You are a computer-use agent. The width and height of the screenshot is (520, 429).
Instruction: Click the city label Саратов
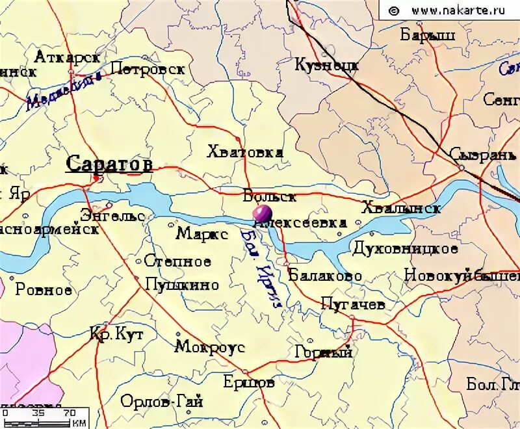click(109, 164)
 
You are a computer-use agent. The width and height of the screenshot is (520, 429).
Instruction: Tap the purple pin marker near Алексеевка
click(263, 213)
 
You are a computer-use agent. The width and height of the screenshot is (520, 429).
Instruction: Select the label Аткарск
click(67, 57)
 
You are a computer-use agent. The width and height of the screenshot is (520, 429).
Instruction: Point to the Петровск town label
click(148, 69)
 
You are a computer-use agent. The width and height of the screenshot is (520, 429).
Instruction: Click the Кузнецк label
click(326, 65)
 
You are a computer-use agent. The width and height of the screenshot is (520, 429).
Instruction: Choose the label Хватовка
click(244, 153)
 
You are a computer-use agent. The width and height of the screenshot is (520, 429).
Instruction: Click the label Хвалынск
click(401, 209)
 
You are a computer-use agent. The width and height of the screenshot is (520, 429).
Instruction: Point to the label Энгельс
click(112, 214)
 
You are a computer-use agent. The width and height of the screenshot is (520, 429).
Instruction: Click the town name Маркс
click(202, 235)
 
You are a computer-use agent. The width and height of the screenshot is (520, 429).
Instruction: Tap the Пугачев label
click(353, 304)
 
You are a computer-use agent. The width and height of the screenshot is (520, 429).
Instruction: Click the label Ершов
click(248, 382)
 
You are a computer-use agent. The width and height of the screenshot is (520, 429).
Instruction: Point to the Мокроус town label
click(210, 347)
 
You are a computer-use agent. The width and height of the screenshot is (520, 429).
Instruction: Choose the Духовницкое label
click(405, 248)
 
